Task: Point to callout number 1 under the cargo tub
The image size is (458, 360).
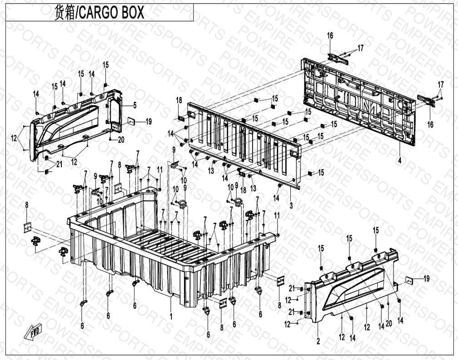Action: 171,315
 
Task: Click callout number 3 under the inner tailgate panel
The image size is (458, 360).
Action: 291,205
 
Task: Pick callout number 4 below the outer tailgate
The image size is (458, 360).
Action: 399,160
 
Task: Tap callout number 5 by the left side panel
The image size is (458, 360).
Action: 122,105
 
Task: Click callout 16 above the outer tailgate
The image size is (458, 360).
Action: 330,35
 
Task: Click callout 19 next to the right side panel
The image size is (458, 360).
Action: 426,278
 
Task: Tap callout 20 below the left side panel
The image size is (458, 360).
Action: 121,140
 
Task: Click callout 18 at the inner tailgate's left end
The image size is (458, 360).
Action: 179,100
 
